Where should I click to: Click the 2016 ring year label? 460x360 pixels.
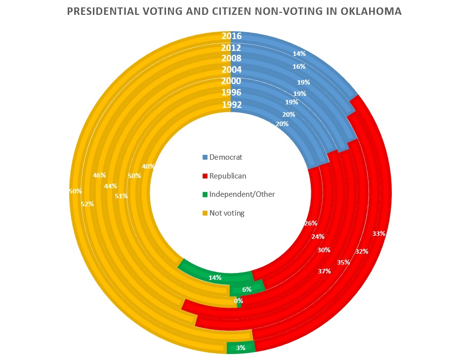click(231, 36)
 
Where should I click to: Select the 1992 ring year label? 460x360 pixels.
click(231, 104)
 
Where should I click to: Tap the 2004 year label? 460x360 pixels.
click(231, 70)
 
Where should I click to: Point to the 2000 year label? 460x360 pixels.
click(231, 81)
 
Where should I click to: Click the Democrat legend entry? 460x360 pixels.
click(226, 157)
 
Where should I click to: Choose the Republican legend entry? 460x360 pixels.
click(227, 176)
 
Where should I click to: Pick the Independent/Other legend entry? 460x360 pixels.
click(242, 194)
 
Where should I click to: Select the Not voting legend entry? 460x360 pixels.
click(227, 213)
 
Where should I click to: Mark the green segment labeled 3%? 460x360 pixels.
click(240, 348)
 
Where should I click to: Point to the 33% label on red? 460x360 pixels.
click(379, 233)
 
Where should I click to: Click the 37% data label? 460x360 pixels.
click(324, 272)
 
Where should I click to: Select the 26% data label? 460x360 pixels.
click(311, 223)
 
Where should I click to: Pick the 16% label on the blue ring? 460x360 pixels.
click(299, 66)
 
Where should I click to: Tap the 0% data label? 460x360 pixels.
click(239, 300)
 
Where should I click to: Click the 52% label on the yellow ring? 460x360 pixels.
click(87, 203)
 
